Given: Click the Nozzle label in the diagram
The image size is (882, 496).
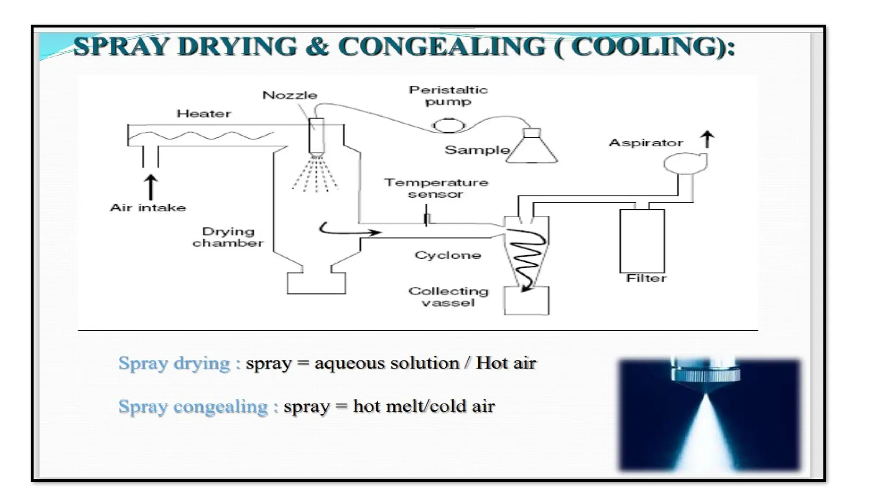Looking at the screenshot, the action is pyautogui.click(x=290, y=95).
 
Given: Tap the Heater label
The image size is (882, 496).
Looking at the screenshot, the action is pyautogui.click(x=204, y=114).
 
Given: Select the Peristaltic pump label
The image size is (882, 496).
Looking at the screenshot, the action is pyautogui.click(x=448, y=96).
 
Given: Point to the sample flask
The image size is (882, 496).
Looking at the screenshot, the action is pyautogui.click(x=532, y=149).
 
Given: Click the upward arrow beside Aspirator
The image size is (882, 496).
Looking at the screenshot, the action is pyautogui.click(x=707, y=140).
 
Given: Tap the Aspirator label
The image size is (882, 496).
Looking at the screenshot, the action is pyautogui.click(x=646, y=143).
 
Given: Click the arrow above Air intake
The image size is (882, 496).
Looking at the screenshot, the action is pyautogui.click(x=150, y=187).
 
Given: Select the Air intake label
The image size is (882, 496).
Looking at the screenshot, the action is pyautogui.click(x=148, y=208).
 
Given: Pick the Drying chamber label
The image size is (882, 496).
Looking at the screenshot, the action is pyautogui.click(x=228, y=237).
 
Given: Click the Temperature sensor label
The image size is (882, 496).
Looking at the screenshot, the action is pyautogui.click(x=436, y=188).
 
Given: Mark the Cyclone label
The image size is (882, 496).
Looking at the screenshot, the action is pyautogui.click(x=448, y=255).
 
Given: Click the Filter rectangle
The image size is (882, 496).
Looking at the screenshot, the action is pyautogui.click(x=642, y=241).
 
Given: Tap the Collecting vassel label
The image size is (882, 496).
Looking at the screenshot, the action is pyautogui.click(x=448, y=297).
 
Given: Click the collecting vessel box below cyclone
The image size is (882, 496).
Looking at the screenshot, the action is pyautogui.click(x=526, y=301).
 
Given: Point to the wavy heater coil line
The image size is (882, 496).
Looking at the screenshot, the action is pyautogui.click(x=201, y=136).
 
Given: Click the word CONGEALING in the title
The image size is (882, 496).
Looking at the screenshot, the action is pyautogui.click(x=442, y=46).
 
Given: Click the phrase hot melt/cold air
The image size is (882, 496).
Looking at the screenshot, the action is pyautogui.click(x=424, y=406).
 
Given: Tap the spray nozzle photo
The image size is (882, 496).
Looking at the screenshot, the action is pyautogui.click(x=709, y=414).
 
